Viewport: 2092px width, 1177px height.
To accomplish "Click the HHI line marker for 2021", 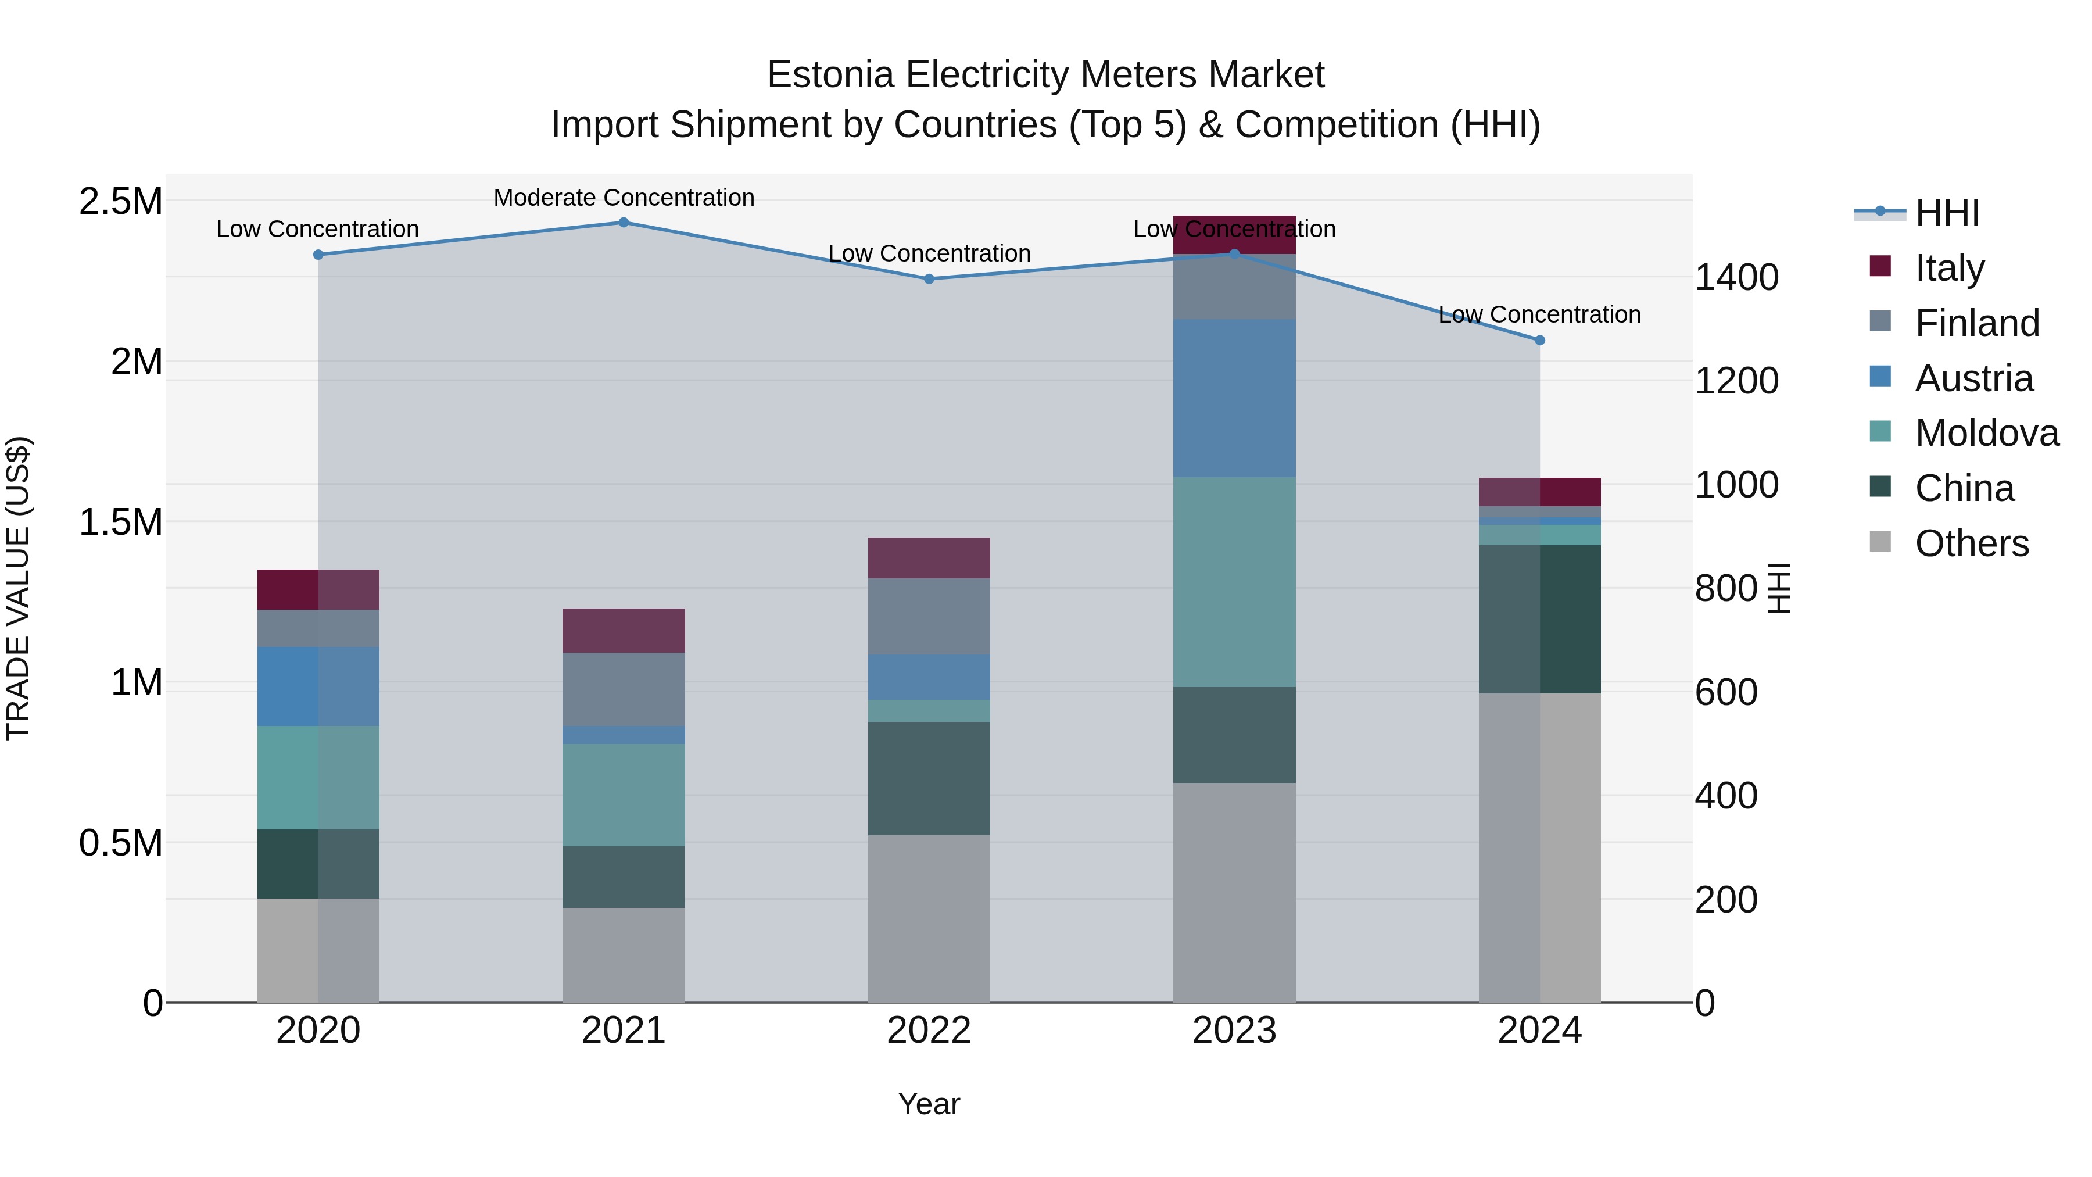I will (624, 223).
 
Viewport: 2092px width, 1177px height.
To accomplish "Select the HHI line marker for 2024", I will (1540, 341).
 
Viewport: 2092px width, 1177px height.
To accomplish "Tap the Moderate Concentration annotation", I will (624, 198).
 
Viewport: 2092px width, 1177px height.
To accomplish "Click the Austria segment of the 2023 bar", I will (1234, 398).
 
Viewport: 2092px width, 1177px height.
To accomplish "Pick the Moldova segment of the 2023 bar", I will (1234, 582).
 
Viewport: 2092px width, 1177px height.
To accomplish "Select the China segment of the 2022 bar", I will (929, 778).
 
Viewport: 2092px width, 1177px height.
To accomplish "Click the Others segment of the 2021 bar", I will (624, 954).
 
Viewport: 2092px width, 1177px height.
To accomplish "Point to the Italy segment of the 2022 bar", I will (929, 558).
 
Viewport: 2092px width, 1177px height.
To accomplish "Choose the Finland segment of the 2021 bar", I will (624, 689).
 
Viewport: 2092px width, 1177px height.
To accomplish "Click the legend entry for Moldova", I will (1986, 433).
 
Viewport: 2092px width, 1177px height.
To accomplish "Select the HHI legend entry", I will (1947, 213).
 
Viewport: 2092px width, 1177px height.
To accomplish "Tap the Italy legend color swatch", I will (1880, 266).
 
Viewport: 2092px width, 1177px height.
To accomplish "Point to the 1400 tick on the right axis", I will (1737, 278).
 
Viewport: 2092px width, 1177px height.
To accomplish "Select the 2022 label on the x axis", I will (929, 1030).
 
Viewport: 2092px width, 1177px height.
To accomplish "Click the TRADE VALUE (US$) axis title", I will (18, 588).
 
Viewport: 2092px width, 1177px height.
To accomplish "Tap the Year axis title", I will (929, 1104).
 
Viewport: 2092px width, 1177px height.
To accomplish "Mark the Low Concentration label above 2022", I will (929, 253).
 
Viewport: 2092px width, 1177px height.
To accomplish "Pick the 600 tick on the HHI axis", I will (1726, 693).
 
